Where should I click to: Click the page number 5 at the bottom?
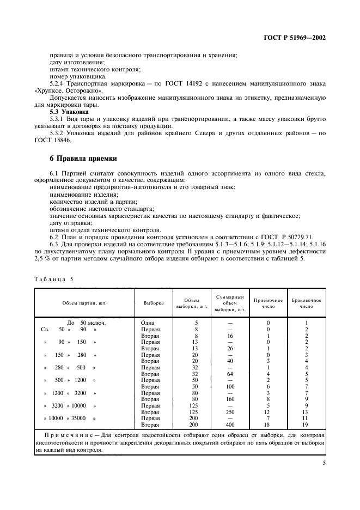tap(324, 463)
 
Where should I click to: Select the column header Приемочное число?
tap(268, 303)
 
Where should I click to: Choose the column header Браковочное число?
tap(306, 303)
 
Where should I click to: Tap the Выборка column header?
tap(153, 302)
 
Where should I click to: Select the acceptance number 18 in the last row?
tap(268, 424)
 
